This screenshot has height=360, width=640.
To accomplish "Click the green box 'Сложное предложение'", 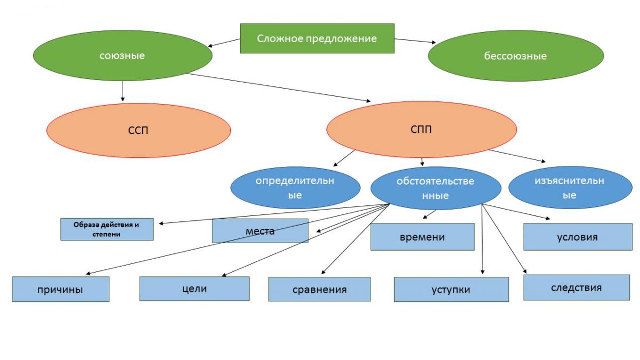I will point(317,38).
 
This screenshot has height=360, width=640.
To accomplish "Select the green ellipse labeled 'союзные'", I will point(122,55).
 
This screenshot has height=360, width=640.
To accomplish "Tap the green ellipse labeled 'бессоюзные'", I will point(515,55).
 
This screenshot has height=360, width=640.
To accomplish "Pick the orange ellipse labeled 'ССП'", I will point(138,131).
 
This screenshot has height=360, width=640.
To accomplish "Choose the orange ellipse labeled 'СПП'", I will point(421,130).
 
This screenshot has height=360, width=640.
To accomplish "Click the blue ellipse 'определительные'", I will point(294,188).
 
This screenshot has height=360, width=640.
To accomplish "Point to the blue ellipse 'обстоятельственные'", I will point(435,188).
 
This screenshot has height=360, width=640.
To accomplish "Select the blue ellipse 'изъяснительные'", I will point(569,188).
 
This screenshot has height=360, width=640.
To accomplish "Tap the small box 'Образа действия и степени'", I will point(106,229).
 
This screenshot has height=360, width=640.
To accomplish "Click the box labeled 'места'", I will point(260,231).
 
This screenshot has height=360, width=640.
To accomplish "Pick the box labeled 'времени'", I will point(422,237).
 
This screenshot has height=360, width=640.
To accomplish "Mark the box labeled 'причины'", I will point(60,290).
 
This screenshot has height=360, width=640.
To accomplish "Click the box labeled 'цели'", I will point(194,289).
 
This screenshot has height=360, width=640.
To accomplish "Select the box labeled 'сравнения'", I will point(319,290).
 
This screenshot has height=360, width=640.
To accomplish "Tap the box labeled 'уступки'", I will point(451,290).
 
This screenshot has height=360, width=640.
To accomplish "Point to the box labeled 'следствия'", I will point(576,287).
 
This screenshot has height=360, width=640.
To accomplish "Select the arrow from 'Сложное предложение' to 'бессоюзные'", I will point(415,41).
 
